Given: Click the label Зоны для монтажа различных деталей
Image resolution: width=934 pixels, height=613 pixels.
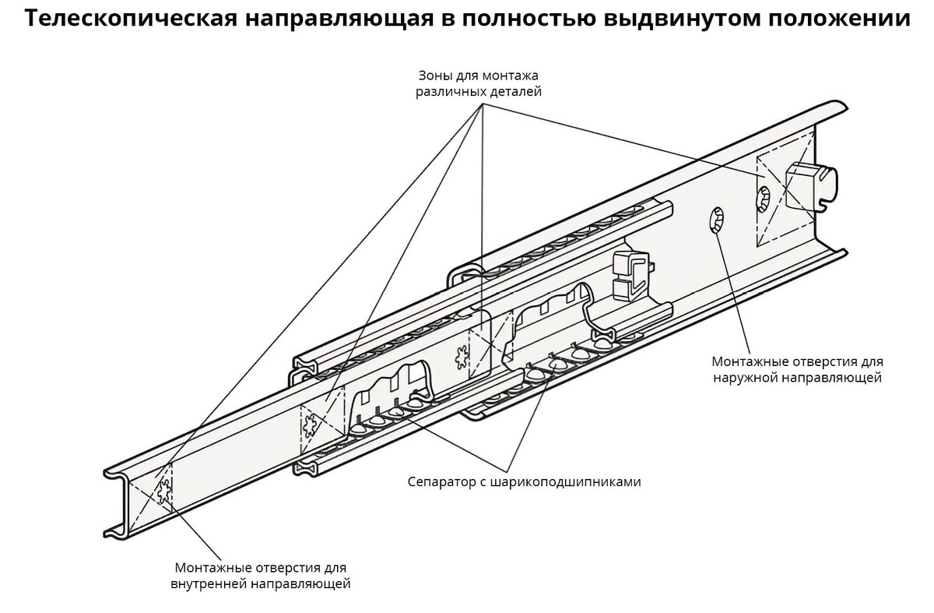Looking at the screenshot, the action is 478,83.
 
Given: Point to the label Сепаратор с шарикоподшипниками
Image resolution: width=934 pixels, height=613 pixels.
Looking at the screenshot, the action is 524,482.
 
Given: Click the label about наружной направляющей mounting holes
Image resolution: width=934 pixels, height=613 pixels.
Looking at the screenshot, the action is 797,369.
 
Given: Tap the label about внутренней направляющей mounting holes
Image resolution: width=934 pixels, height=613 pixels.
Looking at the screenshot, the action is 261,576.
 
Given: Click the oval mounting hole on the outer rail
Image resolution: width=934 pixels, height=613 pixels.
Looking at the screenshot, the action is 717,220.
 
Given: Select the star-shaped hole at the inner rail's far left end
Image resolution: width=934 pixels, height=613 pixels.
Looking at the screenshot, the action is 164,490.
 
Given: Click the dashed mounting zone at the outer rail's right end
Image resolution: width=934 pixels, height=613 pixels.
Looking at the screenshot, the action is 785,188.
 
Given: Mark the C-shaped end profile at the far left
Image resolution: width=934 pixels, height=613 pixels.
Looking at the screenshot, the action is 119,503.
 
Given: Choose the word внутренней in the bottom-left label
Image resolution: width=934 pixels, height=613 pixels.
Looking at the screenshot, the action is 208,583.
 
